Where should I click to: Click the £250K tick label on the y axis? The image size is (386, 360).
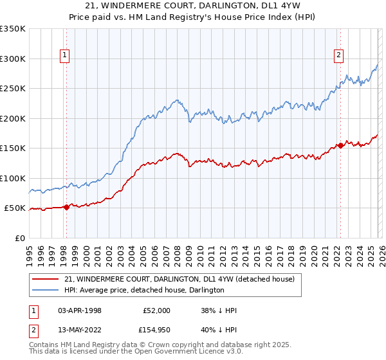tap(13, 88)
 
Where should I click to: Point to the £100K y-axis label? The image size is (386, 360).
tap(13, 178)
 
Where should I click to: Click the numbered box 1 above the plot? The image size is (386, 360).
tap(66, 56)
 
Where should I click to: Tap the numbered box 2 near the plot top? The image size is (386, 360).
tap(338, 56)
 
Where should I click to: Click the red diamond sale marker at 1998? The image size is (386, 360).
tap(66, 207)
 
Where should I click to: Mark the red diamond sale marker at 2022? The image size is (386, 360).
tap(340, 145)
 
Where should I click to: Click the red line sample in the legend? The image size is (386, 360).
tap(45, 279)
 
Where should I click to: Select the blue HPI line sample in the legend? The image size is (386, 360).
tap(45, 290)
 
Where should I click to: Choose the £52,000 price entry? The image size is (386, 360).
tap(156, 310)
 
